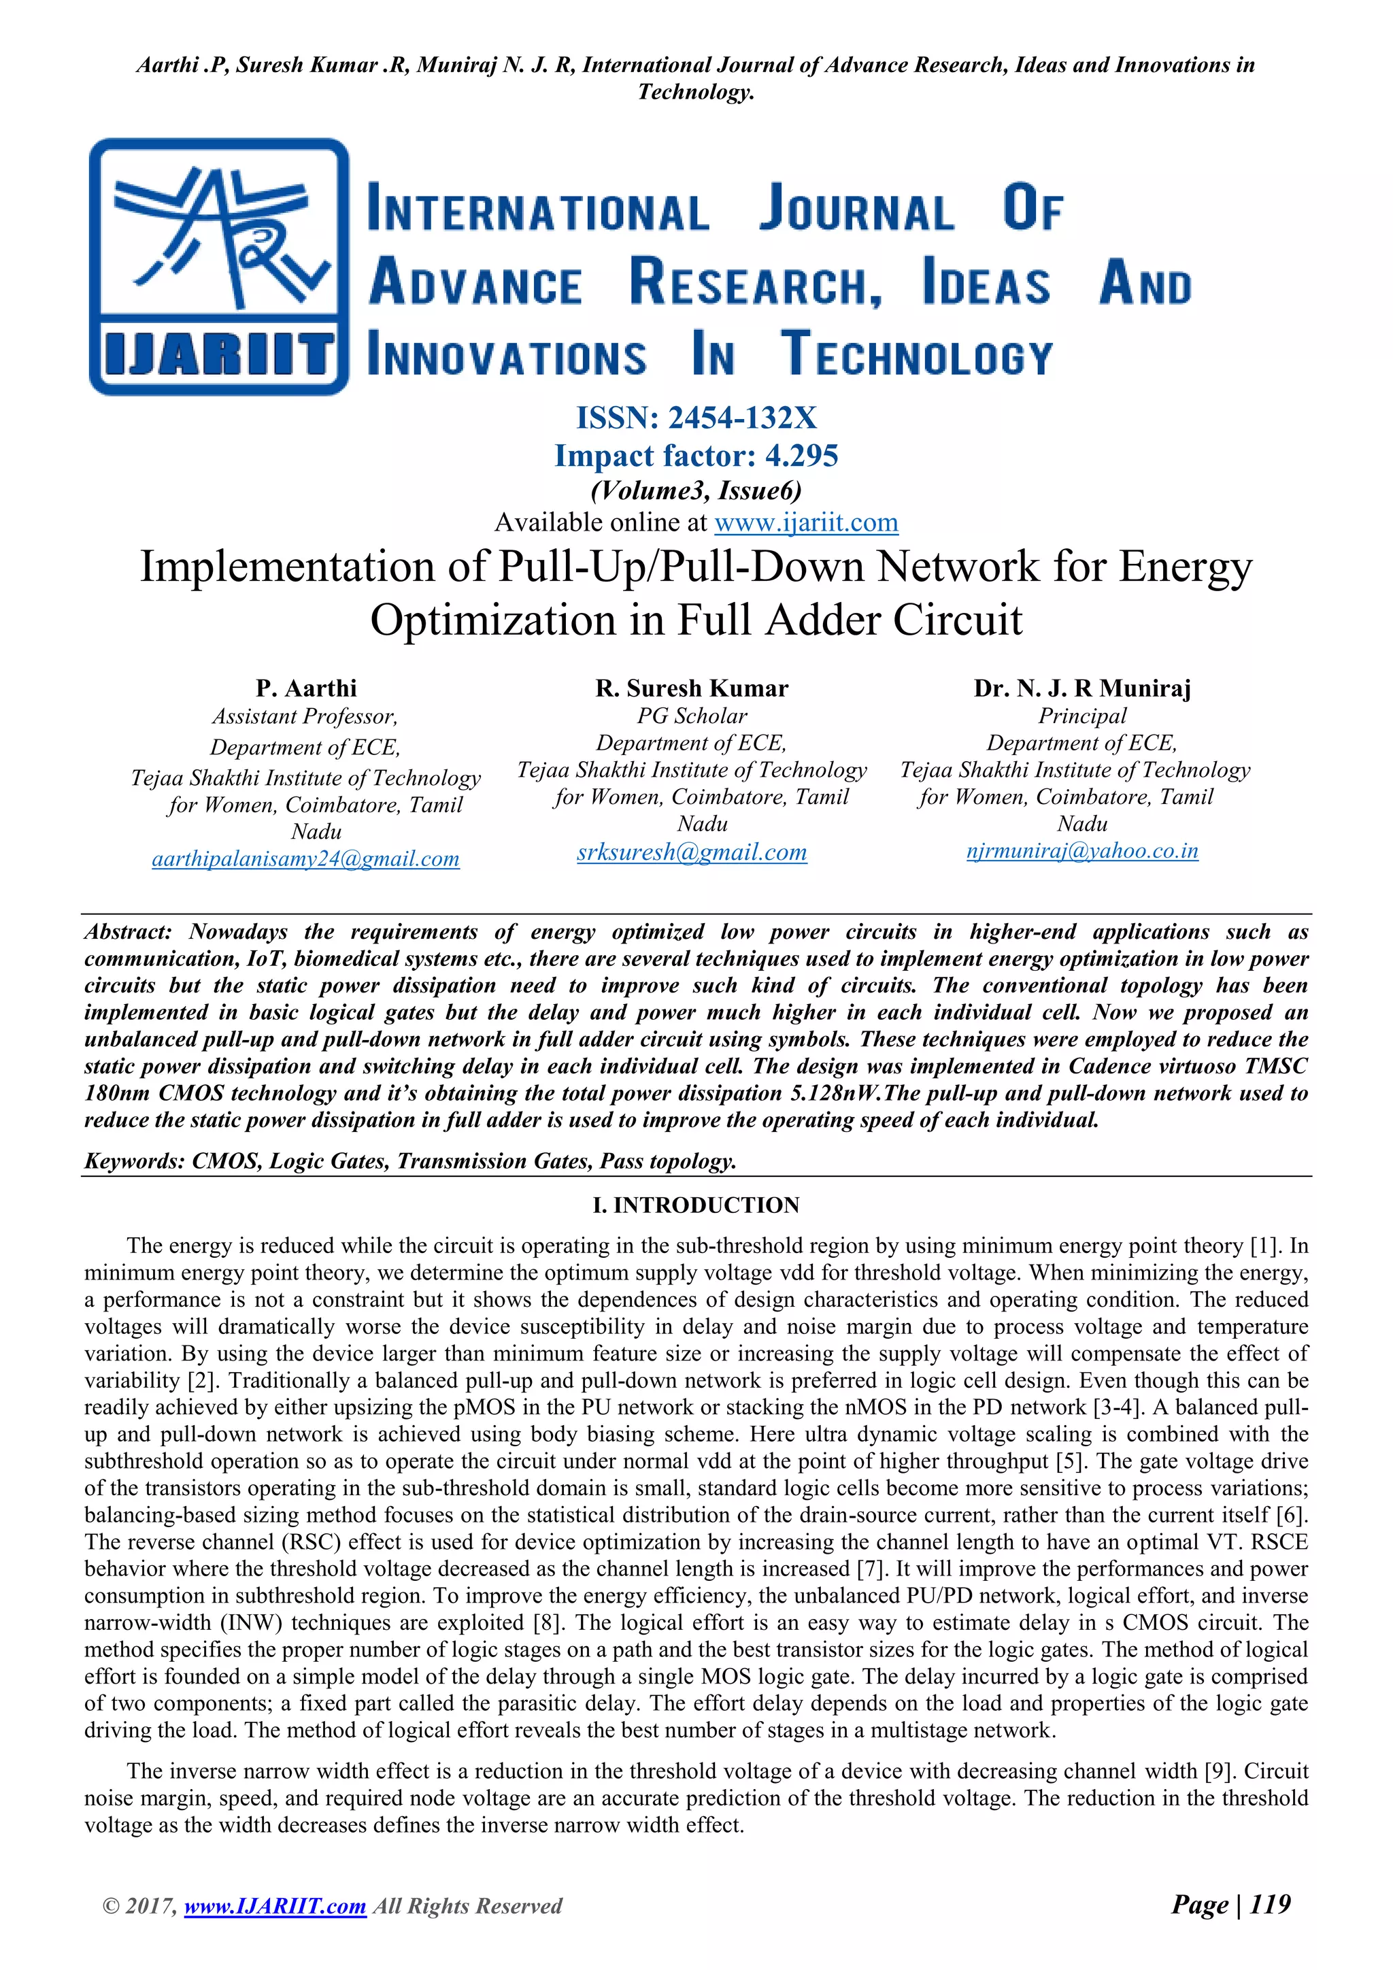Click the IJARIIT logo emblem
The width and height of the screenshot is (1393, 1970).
click(219, 266)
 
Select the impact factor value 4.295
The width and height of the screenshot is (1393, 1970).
click(801, 456)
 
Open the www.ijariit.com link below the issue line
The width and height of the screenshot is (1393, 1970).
click(805, 522)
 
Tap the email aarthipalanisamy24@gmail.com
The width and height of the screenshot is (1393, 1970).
click(305, 859)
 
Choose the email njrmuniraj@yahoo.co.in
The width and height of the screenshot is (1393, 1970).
click(1081, 851)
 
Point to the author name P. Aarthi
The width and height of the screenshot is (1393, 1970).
click(305, 688)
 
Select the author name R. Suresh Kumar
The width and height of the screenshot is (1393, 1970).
click(691, 688)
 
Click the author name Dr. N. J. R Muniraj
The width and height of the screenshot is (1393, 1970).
click(1081, 688)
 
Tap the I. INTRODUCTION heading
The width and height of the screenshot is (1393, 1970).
click(696, 1205)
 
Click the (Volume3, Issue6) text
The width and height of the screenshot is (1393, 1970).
click(696, 490)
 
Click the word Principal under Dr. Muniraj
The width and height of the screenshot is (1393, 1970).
click(1081, 716)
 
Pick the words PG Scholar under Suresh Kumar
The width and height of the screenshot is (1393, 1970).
click(691, 716)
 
